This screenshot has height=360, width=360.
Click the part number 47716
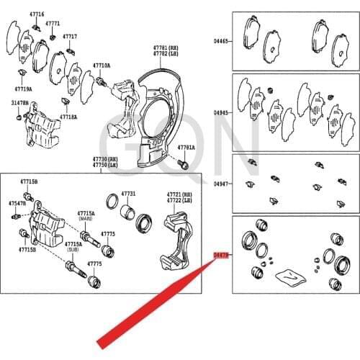[x=37, y=14]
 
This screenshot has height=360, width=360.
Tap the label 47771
[x=53, y=23]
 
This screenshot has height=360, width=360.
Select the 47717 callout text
[x=70, y=35]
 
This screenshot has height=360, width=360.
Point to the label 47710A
[x=101, y=66]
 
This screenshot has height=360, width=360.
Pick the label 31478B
[x=19, y=104]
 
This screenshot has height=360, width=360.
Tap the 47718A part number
[x=68, y=116]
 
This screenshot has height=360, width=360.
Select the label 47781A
[x=186, y=148]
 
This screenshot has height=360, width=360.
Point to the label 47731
[x=127, y=194]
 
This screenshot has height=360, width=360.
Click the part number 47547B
[x=17, y=204]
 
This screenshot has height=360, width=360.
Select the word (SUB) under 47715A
[x=73, y=250]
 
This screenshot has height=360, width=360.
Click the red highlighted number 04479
[x=221, y=254]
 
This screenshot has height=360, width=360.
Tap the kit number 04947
[x=222, y=184]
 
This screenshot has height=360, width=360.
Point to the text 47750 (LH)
[x=102, y=165]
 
